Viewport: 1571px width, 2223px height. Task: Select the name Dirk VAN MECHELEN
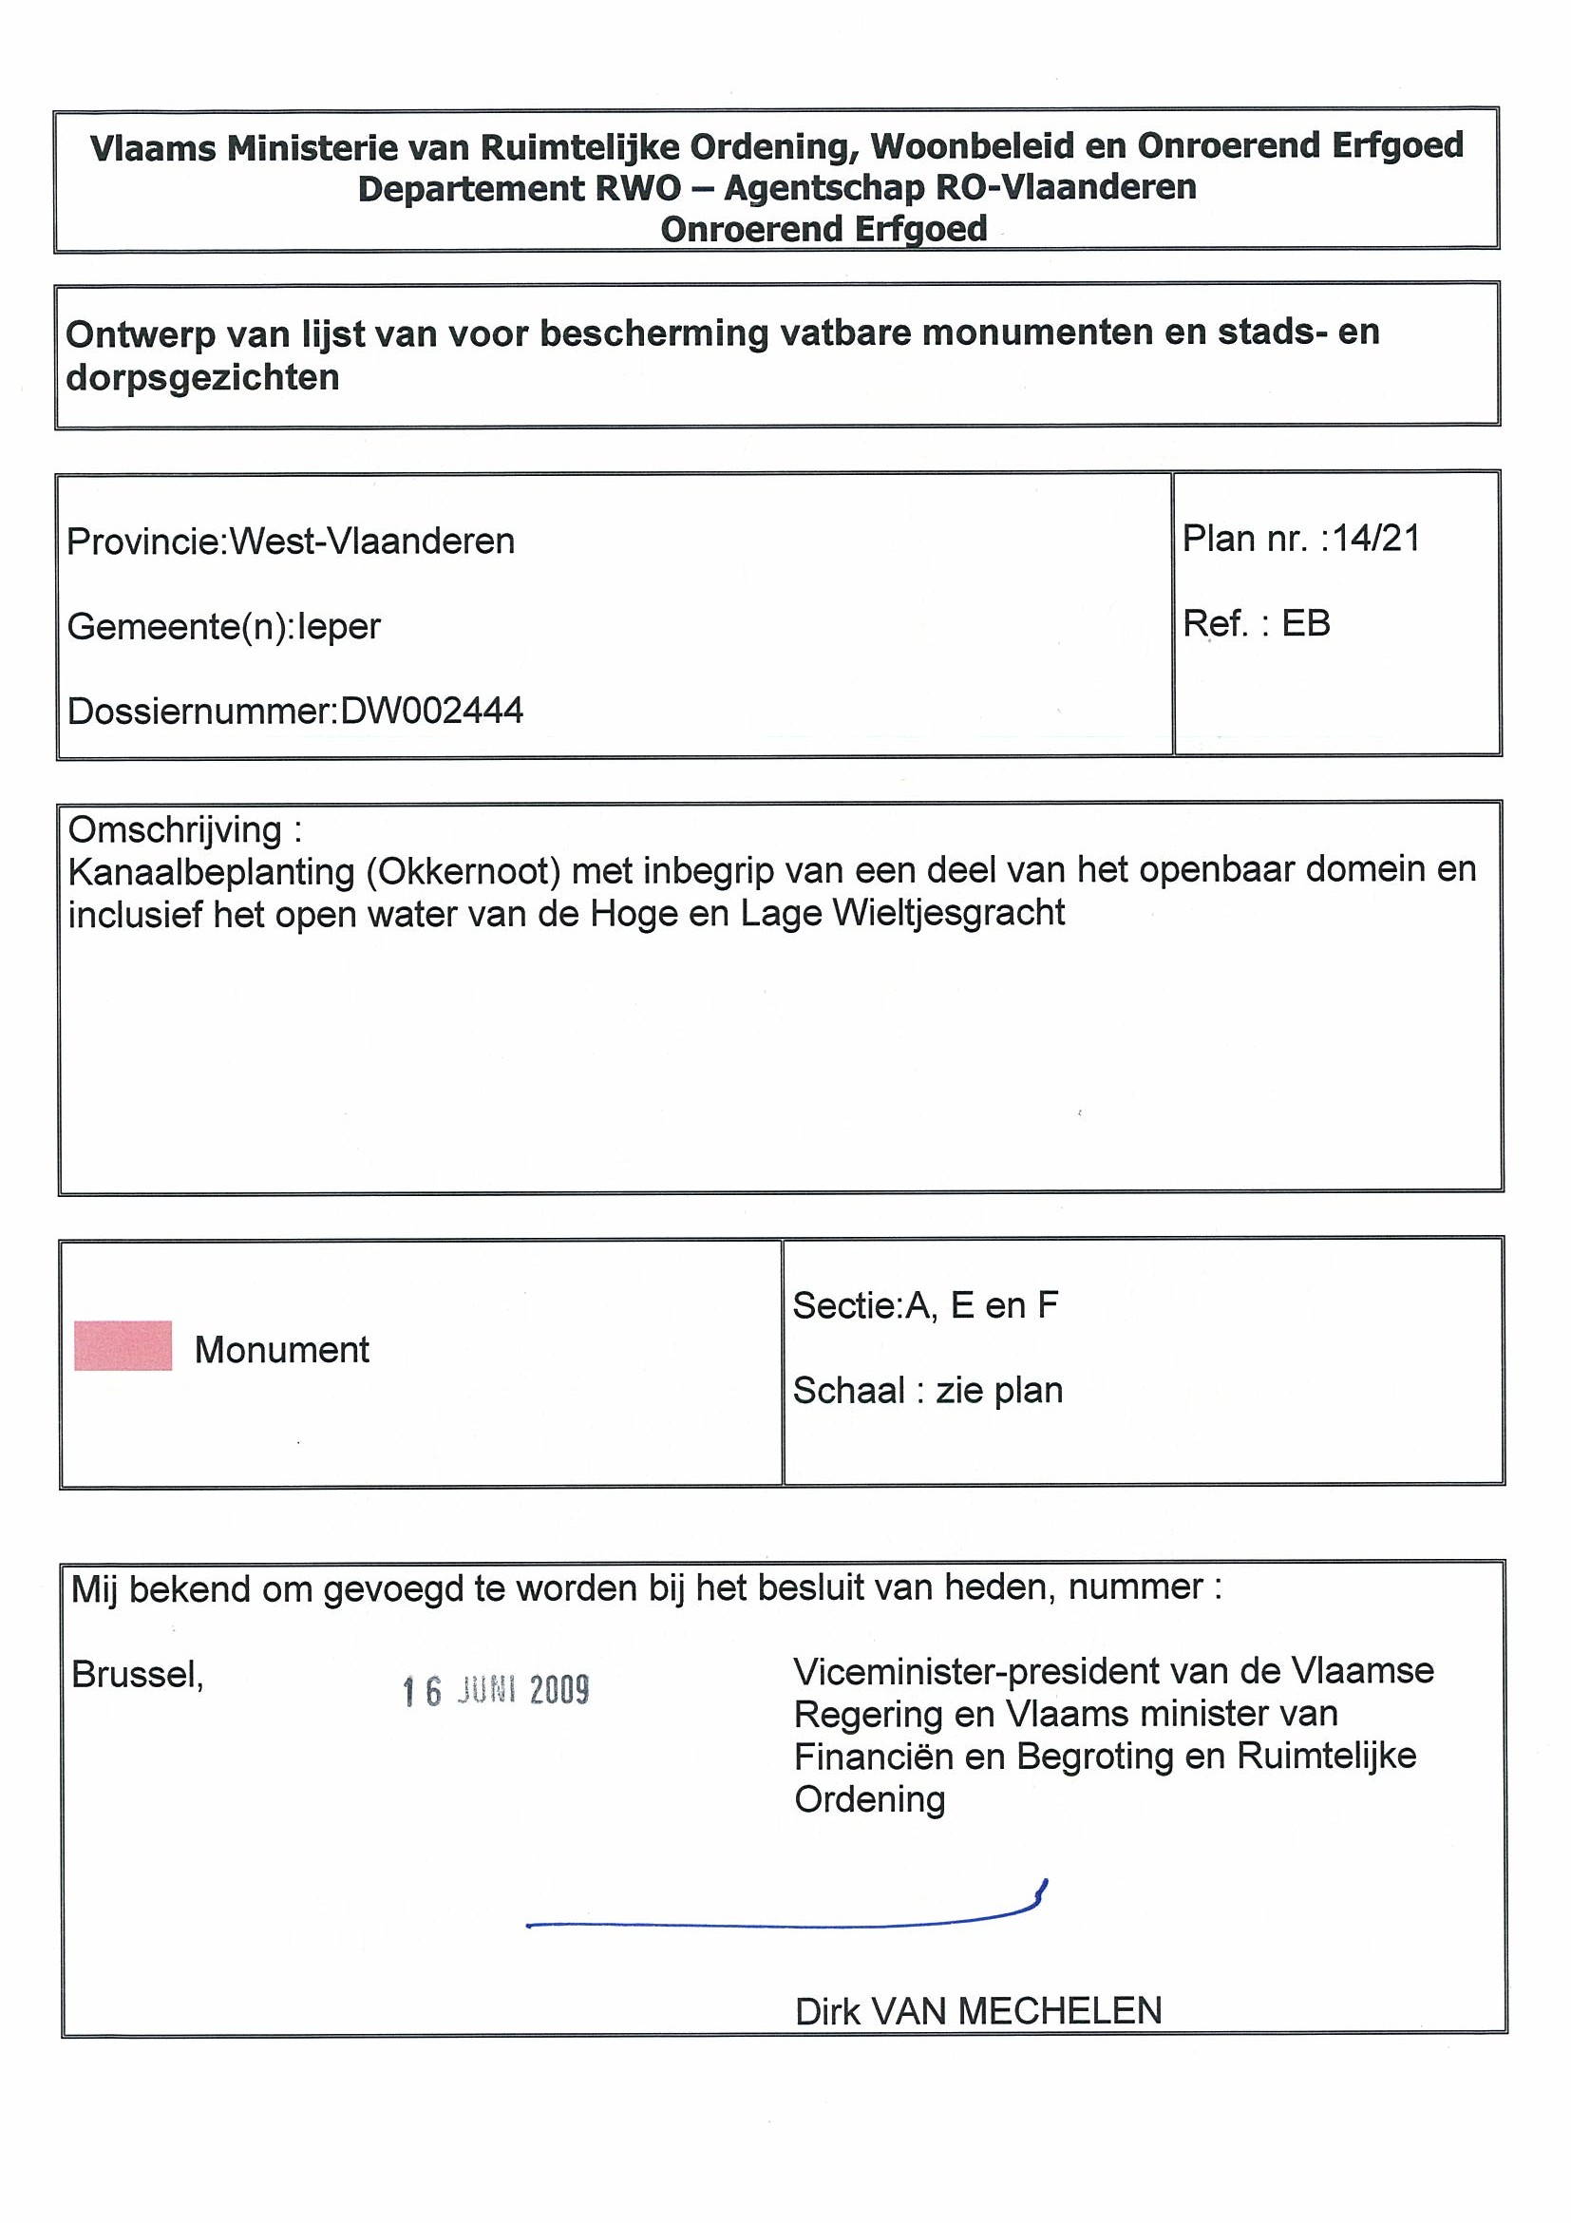click(977, 2012)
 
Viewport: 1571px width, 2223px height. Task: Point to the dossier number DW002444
click(432, 711)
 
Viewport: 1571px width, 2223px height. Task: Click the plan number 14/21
click(1376, 539)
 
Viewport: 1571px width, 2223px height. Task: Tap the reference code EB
click(1306, 623)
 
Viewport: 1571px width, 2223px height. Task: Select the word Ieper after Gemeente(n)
click(339, 626)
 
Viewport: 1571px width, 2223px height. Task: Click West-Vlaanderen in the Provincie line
click(371, 541)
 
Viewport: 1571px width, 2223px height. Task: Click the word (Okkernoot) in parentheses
click(464, 871)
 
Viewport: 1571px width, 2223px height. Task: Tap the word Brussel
click(137, 1674)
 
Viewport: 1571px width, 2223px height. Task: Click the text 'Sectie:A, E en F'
click(925, 1306)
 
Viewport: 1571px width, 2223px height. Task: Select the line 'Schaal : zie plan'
click(927, 1391)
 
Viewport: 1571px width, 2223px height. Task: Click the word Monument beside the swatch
click(282, 1350)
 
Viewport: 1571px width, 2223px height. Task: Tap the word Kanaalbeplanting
click(212, 872)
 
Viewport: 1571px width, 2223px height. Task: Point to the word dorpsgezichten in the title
click(202, 377)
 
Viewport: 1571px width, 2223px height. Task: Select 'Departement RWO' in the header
click(520, 188)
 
